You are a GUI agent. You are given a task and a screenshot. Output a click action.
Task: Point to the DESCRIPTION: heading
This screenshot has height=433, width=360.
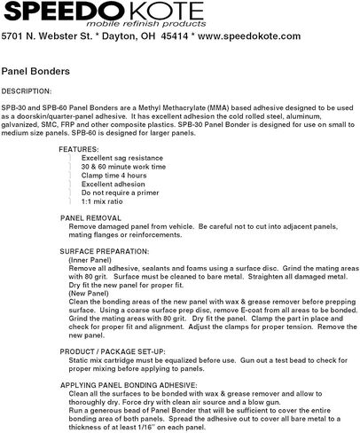click(x=27, y=91)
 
